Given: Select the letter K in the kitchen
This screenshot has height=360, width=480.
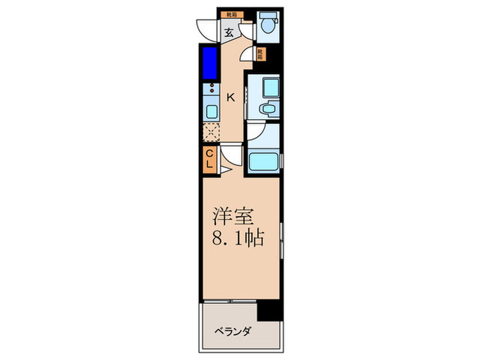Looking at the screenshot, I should click(231, 97).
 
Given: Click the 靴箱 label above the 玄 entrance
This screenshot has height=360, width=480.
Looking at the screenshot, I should click(228, 13).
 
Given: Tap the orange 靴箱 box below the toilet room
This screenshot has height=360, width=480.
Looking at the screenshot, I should click(261, 53).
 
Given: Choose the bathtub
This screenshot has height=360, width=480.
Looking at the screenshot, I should click(263, 163).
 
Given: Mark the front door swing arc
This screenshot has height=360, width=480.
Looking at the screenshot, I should click(205, 31).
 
